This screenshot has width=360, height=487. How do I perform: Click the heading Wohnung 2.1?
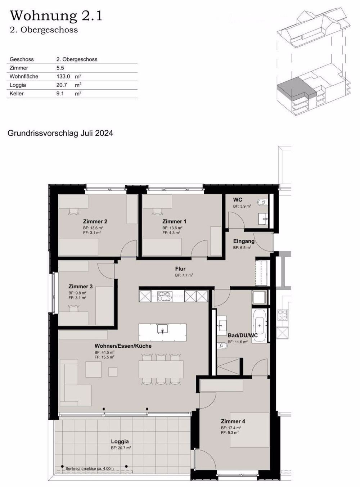(56, 16)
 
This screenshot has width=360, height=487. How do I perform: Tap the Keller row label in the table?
(17, 94)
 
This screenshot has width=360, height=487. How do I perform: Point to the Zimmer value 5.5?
(60, 68)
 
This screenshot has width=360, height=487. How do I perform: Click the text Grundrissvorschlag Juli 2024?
(60, 133)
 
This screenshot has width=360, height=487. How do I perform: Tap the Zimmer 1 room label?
(174, 221)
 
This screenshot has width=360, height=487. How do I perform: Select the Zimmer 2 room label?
(95, 221)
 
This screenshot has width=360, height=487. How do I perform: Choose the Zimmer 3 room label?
(81, 287)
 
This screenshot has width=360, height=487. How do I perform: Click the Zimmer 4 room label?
(233, 421)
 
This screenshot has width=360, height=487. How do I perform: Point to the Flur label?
(180, 269)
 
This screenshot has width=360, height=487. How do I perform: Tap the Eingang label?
(244, 241)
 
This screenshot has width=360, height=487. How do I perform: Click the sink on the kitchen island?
(163, 329)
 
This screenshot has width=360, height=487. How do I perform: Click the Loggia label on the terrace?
(120, 442)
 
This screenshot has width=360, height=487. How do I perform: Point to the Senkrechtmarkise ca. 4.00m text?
(90, 468)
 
